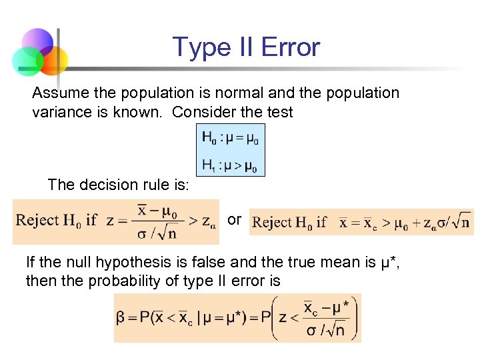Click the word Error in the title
point(291,47)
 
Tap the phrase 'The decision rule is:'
point(118,185)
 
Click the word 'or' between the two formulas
point(234,219)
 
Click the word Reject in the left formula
point(39,220)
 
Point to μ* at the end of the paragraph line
point(389,262)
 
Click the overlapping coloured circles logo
point(39,52)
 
